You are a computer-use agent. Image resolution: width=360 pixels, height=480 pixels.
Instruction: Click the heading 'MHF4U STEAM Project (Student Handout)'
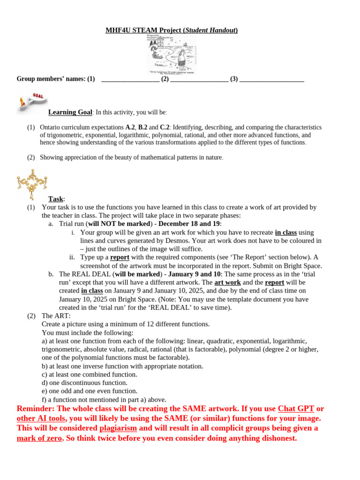click(172, 30)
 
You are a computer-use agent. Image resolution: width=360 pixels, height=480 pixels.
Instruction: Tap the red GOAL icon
click(32, 103)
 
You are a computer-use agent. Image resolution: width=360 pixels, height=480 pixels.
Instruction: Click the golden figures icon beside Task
click(32, 184)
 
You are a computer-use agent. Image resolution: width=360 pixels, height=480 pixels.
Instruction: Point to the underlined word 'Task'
click(56, 199)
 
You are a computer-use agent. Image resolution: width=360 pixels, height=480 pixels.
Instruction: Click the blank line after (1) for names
click(130, 79)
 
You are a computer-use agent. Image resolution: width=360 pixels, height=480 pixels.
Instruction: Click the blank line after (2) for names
click(199, 79)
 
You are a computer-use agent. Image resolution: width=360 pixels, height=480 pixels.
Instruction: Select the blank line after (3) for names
click(272, 79)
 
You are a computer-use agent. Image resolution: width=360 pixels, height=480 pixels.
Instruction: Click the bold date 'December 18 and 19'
click(189, 224)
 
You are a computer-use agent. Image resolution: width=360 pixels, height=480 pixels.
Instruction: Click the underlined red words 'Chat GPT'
click(296, 409)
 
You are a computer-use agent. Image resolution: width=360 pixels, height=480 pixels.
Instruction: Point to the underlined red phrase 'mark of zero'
click(39, 438)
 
